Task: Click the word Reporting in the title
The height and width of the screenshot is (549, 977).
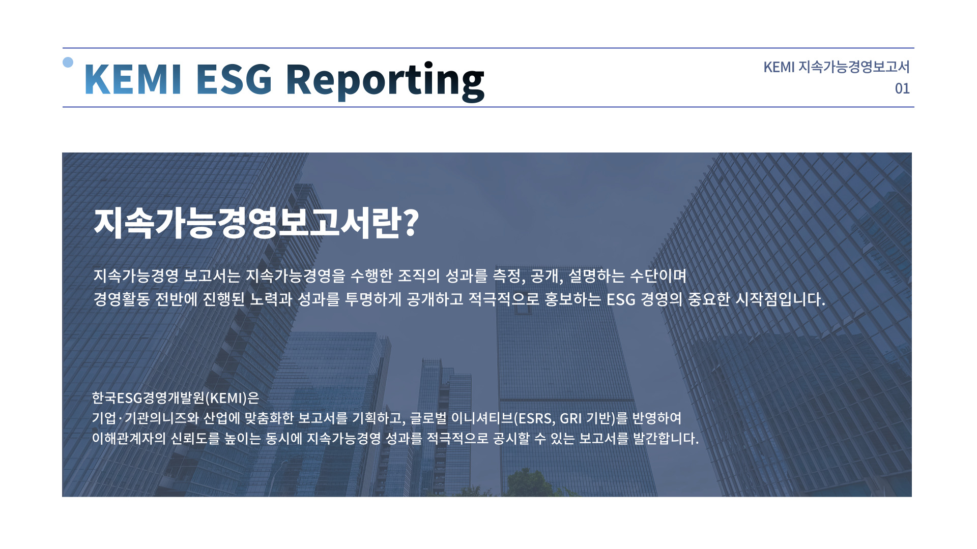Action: pos(385,80)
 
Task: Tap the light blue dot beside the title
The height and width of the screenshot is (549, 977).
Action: pos(68,62)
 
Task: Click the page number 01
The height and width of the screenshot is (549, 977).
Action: pos(902,88)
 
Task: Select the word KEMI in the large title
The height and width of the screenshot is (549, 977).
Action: pos(133,79)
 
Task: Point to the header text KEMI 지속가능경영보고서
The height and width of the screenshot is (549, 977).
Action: pos(837,67)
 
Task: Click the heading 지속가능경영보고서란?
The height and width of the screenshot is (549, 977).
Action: pos(256,222)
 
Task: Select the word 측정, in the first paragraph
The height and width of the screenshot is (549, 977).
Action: pos(509,276)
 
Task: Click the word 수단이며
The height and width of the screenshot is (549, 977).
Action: pos(658,276)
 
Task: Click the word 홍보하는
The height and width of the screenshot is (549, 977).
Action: pos(572,299)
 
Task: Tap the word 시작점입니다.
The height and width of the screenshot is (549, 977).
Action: pos(781,299)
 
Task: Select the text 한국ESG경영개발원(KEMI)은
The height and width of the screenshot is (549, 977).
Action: pos(176,398)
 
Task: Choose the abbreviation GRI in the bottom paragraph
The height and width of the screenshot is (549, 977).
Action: pos(570,418)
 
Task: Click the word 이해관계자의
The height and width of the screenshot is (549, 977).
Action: pos(129,438)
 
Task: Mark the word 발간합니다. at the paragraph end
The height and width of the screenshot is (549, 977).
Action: pos(666,438)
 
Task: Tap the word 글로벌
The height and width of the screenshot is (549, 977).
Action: pos(428,418)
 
